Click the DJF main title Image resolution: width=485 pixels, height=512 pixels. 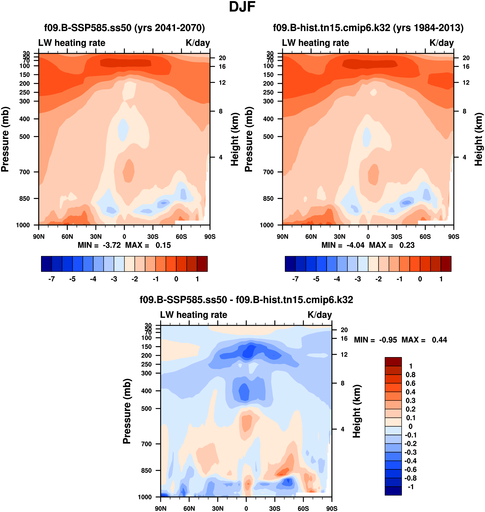coord(242,7)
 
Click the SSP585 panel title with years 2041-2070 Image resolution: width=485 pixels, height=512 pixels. coord(124,28)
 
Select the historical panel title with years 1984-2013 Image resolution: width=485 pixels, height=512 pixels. coord(368,28)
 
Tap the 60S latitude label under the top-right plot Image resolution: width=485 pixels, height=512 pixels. coord(425,237)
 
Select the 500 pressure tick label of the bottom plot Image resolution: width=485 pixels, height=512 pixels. coord(146,409)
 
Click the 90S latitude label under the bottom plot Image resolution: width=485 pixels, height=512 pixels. coord(332,508)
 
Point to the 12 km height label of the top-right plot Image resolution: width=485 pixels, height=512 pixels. coord(466,83)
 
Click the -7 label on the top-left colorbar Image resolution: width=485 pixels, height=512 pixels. coord(52,279)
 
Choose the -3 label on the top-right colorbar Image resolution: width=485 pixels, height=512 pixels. coord(358,279)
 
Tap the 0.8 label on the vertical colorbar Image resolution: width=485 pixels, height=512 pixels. coord(410,375)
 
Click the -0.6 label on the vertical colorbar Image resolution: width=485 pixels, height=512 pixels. coord(410,469)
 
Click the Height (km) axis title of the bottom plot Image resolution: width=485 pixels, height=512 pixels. coord(357,411)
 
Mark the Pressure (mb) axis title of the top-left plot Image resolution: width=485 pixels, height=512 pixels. coord(5,139)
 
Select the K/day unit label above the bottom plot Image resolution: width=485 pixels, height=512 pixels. coord(320,315)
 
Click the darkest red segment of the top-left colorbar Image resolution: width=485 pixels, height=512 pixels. coord(202,264)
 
